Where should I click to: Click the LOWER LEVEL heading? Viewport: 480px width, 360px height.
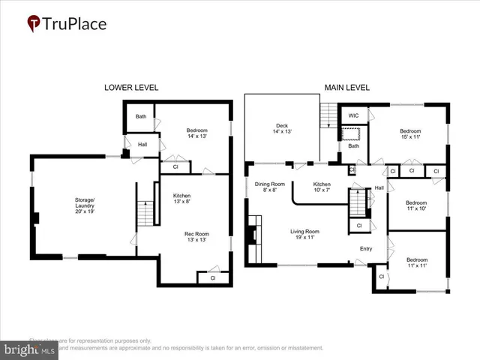tap(130, 88)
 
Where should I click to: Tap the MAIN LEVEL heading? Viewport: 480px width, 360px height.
tap(346, 88)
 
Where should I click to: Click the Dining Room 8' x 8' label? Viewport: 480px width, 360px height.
tap(268, 187)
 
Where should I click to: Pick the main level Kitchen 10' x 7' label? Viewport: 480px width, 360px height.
tap(322, 187)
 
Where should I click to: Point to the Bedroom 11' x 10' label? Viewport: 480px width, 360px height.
tap(415, 206)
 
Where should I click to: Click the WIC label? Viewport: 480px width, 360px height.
tap(354, 115)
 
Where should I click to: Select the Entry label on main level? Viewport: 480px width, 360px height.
tap(366, 249)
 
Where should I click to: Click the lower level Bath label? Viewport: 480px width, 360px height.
tap(141, 116)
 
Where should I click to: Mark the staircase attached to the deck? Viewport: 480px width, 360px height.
tap(328, 116)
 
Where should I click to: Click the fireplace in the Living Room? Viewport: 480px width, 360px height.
tap(255, 235)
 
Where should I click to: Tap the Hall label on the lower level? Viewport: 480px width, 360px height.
tap(142, 144)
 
